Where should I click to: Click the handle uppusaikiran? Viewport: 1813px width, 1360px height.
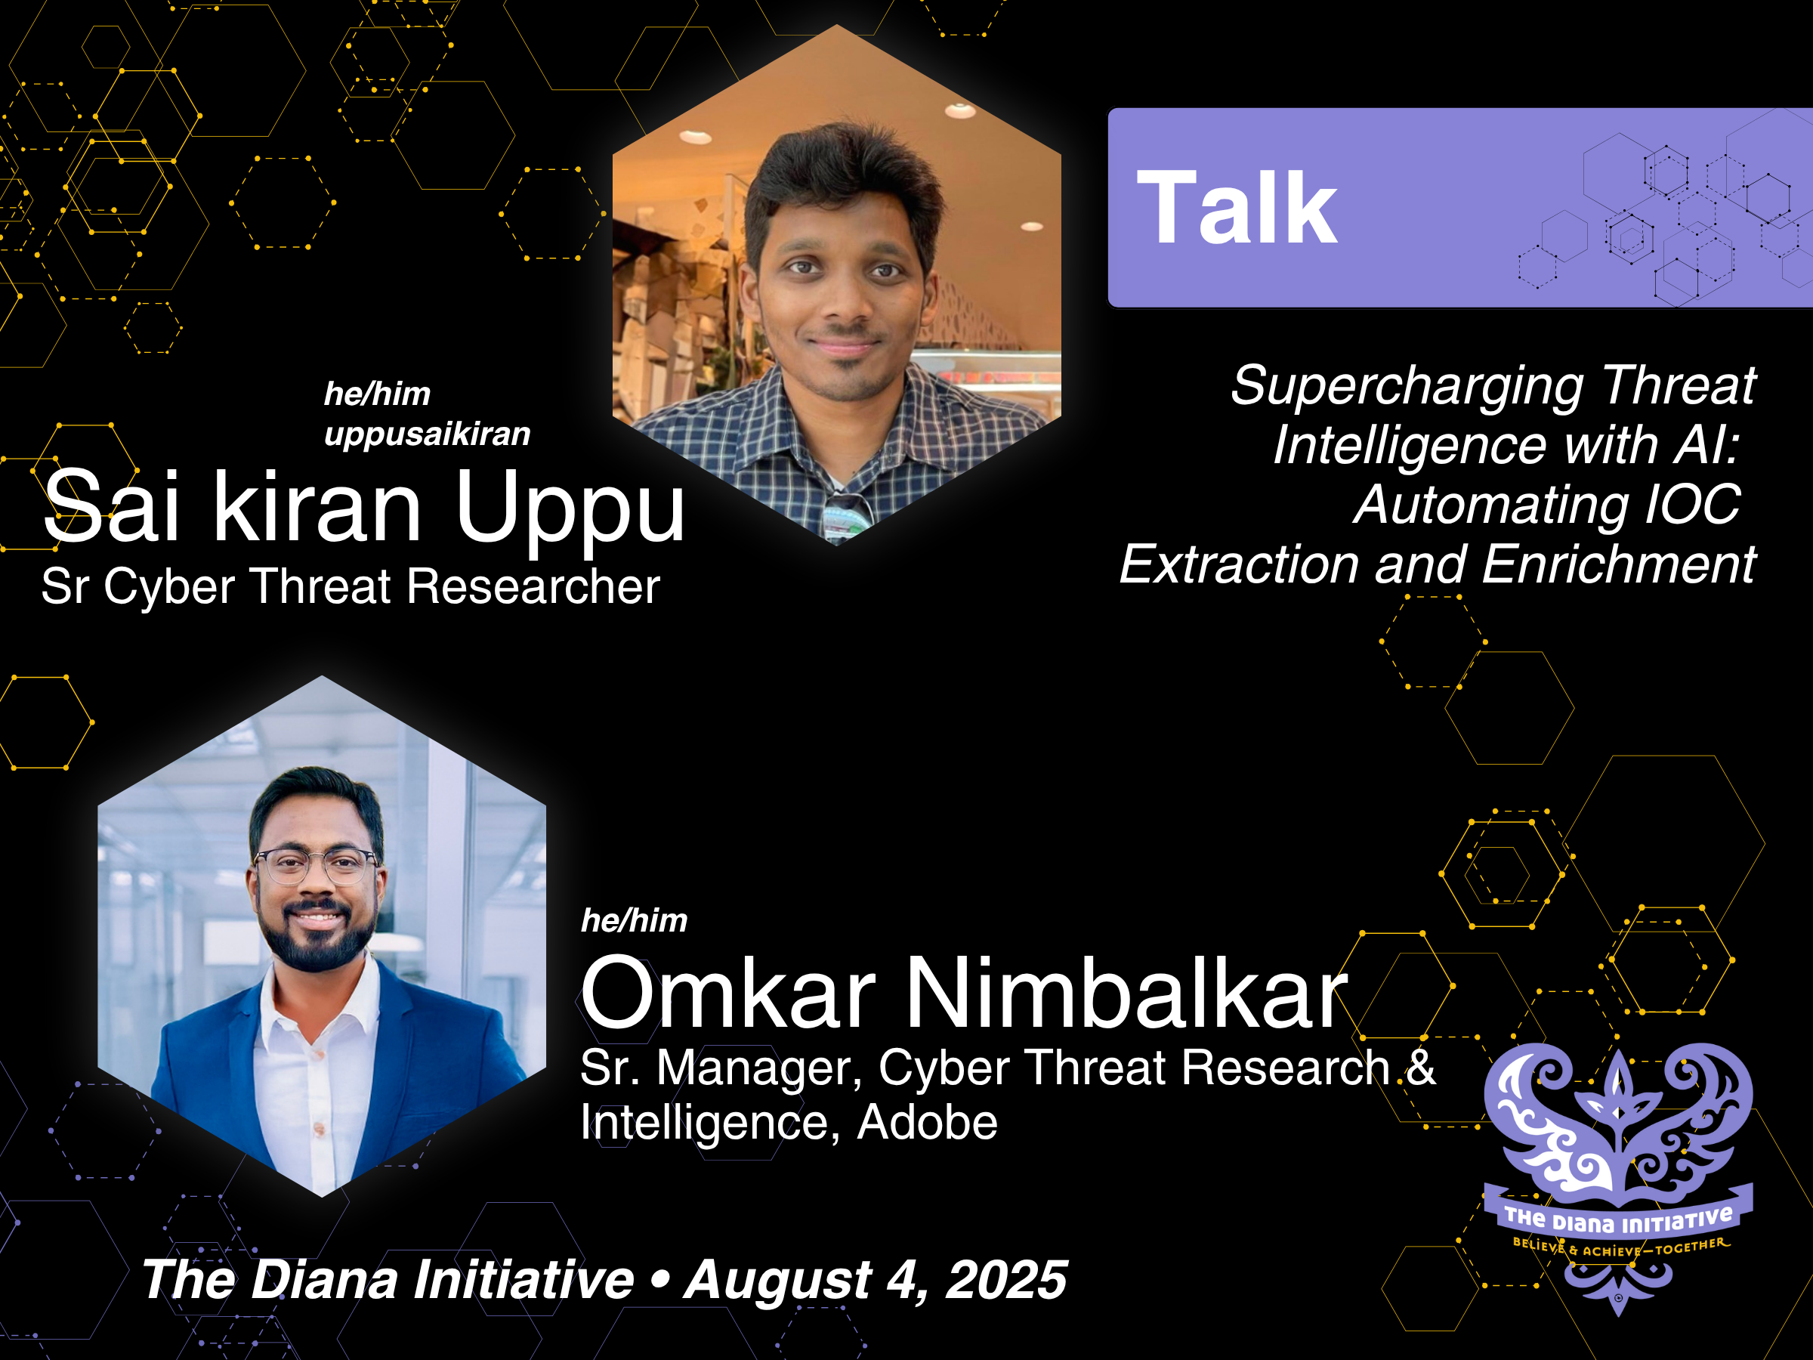(x=427, y=434)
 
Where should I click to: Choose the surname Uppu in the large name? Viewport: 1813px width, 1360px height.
(x=570, y=508)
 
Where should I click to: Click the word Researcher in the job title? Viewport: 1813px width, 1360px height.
(x=533, y=587)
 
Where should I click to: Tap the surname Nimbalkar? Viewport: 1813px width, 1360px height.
(x=1127, y=994)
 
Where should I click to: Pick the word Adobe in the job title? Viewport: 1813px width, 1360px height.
(x=927, y=1121)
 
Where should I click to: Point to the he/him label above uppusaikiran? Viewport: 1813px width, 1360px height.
(x=377, y=394)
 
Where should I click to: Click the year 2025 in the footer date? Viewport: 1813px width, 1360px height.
(x=1005, y=1280)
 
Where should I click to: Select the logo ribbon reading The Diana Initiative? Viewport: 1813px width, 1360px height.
(x=1618, y=1222)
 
